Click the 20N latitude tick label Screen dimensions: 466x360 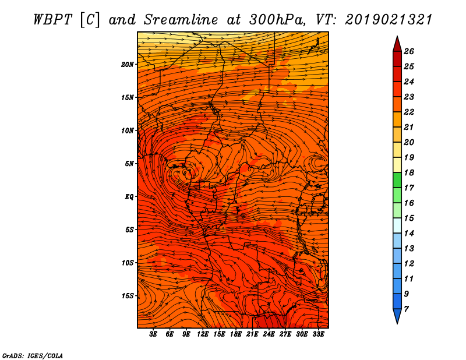(x=127, y=65)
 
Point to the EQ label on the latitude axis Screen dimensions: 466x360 (x=129, y=197)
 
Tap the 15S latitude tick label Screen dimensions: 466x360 (x=127, y=296)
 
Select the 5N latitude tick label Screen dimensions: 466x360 (x=129, y=164)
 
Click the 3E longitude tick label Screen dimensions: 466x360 (x=153, y=334)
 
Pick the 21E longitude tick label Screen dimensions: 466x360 (x=252, y=334)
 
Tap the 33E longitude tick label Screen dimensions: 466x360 (x=318, y=334)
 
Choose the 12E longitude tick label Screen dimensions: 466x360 (x=202, y=334)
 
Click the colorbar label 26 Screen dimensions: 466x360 (x=409, y=51)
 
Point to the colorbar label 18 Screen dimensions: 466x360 (x=409, y=172)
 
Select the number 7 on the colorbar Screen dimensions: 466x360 (x=406, y=309)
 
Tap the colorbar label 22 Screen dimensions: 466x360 (x=409, y=112)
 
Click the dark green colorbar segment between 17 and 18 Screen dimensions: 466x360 (x=397, y=180)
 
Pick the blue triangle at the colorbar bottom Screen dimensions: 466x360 (x=397, y=315)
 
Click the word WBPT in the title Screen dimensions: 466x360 (x=53, y=20)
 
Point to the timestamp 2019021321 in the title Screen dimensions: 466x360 (x=388, y=20)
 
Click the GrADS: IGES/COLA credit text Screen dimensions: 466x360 (x=33, y=355)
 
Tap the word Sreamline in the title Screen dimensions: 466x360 (x=181, y=20)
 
